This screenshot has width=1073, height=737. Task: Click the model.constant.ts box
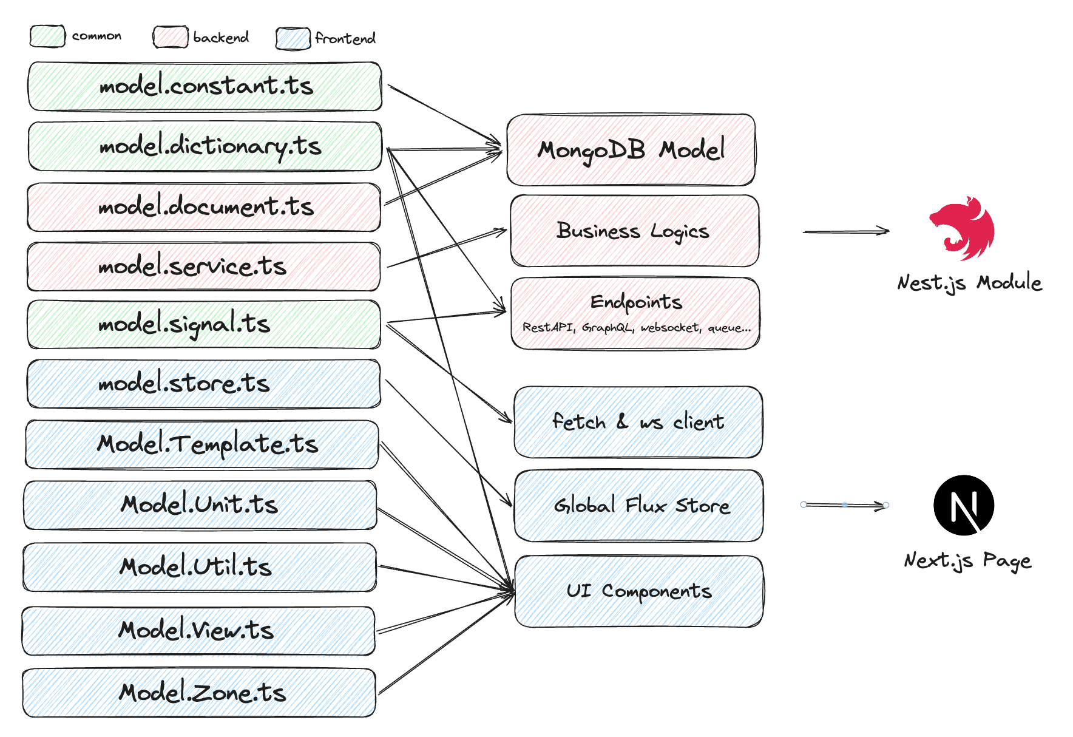point(205,86)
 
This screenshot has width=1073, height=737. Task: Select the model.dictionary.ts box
point(205,146)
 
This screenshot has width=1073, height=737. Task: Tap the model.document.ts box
point(205,207)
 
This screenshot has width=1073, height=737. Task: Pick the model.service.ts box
point(204,267)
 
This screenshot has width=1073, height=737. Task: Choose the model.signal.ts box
point(204,324)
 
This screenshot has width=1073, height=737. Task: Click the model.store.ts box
point(204,384)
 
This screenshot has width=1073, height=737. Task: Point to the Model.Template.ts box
point(202,444)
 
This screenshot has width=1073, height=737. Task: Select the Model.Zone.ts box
point(199,693)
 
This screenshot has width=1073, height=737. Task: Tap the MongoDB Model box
point(631,150)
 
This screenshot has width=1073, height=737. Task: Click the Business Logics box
point(635,231)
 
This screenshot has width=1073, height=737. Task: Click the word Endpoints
point(636,302)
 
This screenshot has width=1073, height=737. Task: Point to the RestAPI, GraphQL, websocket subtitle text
point(636,328)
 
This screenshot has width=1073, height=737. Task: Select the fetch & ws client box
point(638,422)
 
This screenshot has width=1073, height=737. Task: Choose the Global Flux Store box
point(639,505)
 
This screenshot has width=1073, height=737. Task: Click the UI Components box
point(639,591)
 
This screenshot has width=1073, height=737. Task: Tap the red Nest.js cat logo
point(963,228)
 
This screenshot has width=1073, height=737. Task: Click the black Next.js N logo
point(964,505)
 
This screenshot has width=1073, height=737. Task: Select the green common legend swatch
point(47,36)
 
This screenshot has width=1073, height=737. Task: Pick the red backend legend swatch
point(171,37)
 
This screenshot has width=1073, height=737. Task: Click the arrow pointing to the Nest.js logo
point(845,231)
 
